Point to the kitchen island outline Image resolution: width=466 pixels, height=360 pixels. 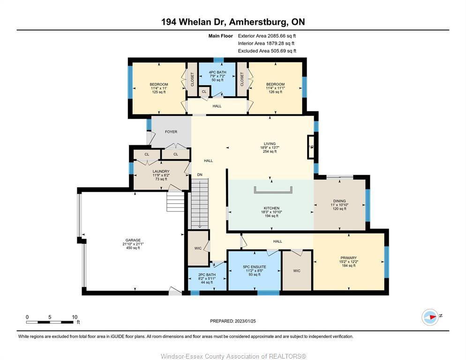pyautogui.click(x=273, y=189)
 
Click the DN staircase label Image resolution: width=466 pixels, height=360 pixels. pyautogui.click(x=199, y=175)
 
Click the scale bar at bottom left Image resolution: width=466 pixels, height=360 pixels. pyautogui.click(x=50, y=322)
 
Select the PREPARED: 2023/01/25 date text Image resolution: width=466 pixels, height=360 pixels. pyautogui.click(x=233, y=321)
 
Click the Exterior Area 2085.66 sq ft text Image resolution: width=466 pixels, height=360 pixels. pyautogui.click(x=267, y=36)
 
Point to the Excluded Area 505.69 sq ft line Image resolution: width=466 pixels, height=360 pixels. pyautogui.click(x=267, y=51)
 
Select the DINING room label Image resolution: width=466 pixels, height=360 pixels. pyautogui.click(x=339, y=204)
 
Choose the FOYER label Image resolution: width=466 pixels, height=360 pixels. pyautogui.click(x=171, y=132)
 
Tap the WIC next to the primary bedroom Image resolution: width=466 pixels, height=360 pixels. pyautogui.click(x=296, y=270)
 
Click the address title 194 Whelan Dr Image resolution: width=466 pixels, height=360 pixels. pyautogui.click(x=233, y=22)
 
